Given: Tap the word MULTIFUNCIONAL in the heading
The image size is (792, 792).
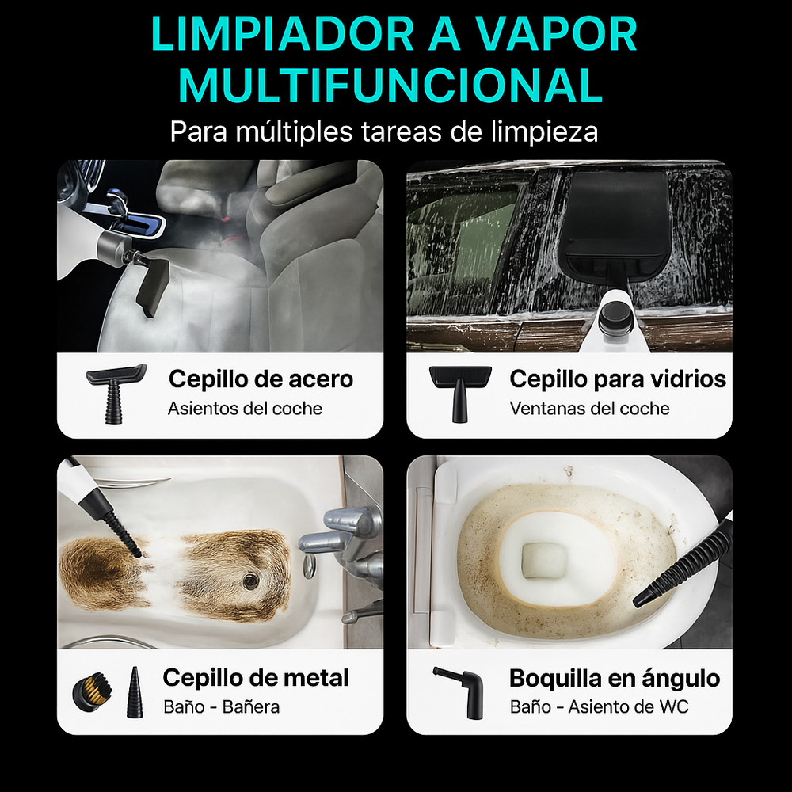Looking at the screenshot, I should click(392, 86).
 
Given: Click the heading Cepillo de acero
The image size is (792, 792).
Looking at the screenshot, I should click(261, 379).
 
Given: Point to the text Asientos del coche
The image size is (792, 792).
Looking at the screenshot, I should click(245, 409).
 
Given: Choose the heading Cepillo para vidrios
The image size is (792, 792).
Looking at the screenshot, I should click(618, 379).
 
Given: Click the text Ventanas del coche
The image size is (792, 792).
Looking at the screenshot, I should click(589, 409).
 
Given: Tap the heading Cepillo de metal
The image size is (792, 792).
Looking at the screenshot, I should click(256, 678).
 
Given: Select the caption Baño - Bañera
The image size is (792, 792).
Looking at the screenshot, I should click(221, 706).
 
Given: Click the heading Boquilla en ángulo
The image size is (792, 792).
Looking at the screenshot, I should click(615, 679).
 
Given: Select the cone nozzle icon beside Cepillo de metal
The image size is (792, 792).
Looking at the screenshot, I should click(135, 691).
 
